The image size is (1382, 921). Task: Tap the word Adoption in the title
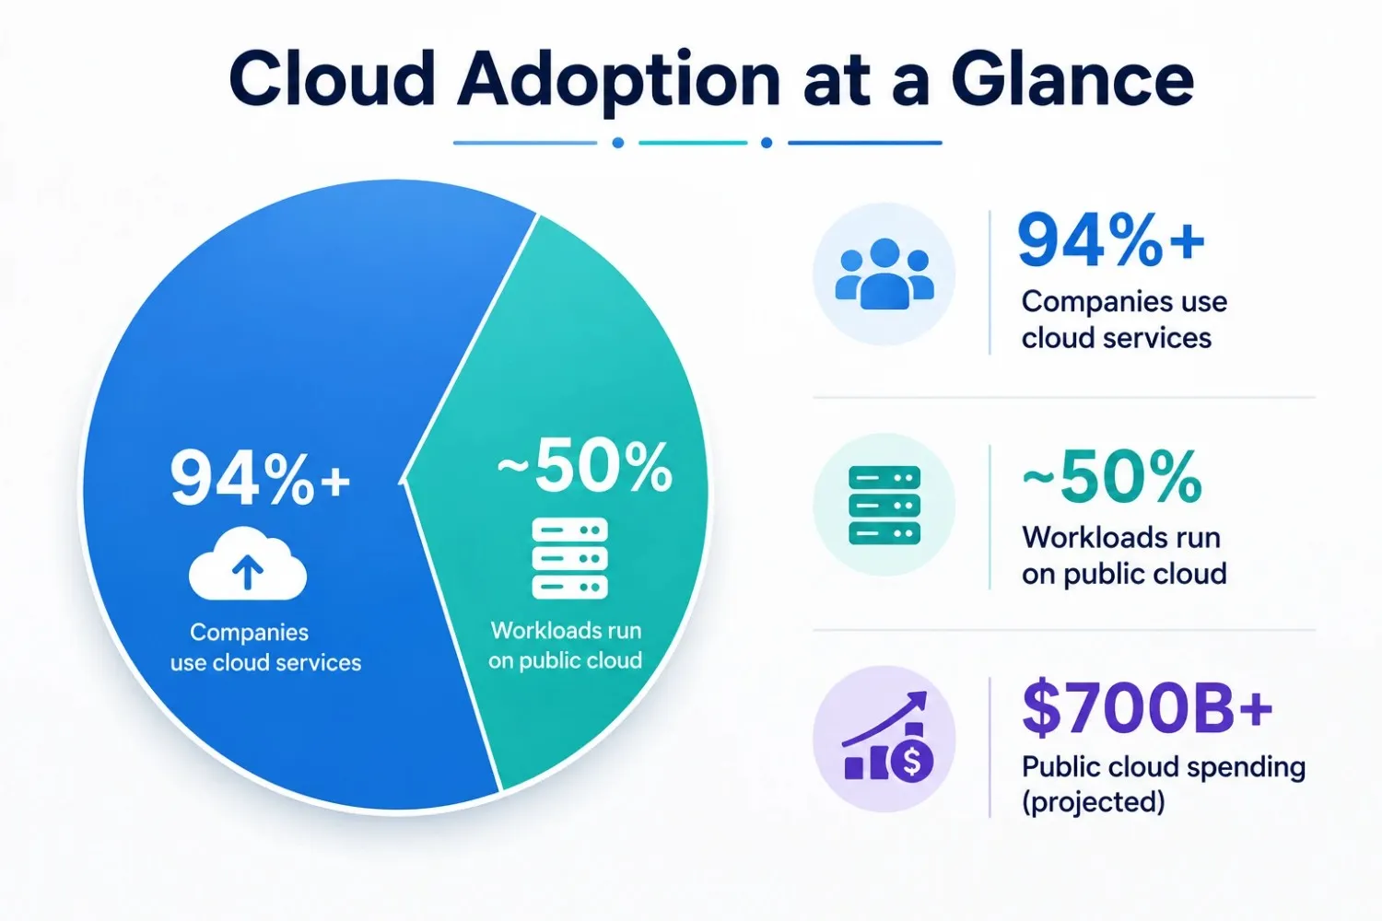(x=619, y=82)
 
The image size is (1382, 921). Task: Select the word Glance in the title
(x=1072, y=79)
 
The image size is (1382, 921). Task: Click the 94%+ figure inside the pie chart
(x=261, y=478)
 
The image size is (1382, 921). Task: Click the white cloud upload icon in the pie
(x=248, y=564)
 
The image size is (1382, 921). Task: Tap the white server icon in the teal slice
(x=569, y=558)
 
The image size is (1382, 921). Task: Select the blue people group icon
(x=884, y=274)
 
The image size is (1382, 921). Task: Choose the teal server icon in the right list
(x=884, y=506)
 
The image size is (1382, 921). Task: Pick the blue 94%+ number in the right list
(x=1111, y=240)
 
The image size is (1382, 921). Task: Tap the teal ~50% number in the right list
(x=1112, y=476)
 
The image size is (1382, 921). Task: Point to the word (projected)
(x=1094, y=802)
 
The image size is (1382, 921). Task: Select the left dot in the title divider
(x=617, y=143)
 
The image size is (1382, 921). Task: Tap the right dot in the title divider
(x=767, y=143)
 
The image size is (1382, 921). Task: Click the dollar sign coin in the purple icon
(x=912, y=762)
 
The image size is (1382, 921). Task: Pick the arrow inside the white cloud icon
(x=248, y=571)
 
